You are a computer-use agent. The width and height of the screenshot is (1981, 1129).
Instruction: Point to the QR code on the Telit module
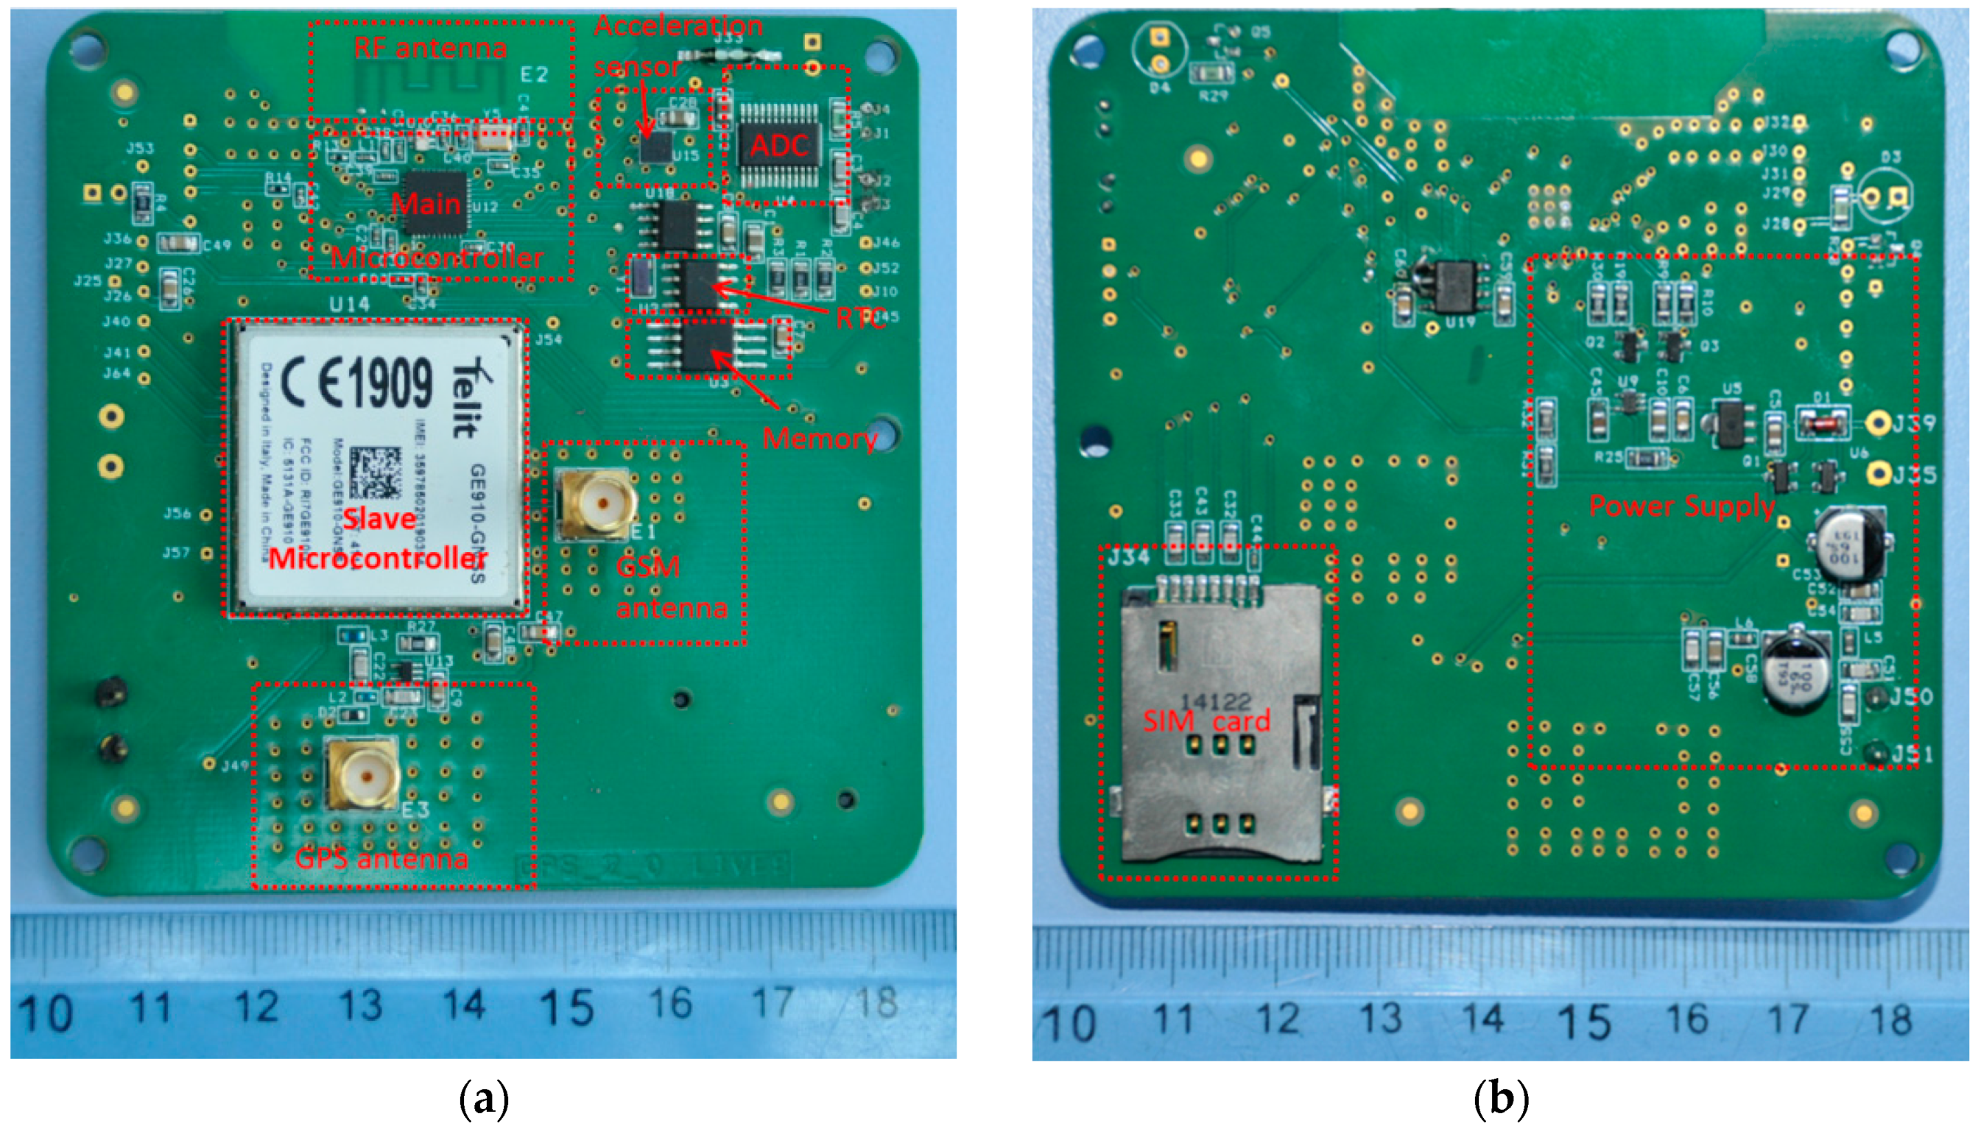[376, 473]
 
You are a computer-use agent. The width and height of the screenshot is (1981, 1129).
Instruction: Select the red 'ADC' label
[778, 146]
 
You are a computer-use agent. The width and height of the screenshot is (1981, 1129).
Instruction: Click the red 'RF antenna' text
[431, 48]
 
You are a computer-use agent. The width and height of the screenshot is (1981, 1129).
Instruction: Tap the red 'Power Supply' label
[1681, 506]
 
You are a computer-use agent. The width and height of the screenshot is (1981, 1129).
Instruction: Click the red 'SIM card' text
[1206, 721]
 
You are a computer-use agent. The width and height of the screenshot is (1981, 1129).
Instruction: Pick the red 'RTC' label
[861, 317]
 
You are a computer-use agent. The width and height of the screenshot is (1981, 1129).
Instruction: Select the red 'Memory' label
[820, 439]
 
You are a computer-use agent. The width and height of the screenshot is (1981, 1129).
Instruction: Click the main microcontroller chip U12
[436, 203]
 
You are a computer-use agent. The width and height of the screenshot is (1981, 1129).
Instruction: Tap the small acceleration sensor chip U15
[656, 147]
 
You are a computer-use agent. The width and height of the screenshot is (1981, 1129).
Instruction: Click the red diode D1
[1821, 422]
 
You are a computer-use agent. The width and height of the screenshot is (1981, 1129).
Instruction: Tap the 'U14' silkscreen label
[349, 305]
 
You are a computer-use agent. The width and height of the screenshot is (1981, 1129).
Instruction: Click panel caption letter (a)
[484, 1100]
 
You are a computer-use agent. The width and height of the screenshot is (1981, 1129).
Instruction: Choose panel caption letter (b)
[1500, 1100]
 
